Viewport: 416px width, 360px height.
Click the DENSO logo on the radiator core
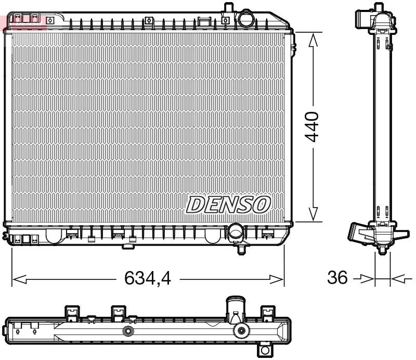[228, 204]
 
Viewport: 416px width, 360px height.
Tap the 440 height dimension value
[313, 126]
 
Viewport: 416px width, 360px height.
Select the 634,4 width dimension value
[147, 279]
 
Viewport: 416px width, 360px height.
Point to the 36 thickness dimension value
[337, 278]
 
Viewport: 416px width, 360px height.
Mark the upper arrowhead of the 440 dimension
[313, 39]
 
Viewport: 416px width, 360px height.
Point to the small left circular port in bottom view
[127, 331]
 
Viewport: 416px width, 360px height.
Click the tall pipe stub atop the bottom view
[235, 308]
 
